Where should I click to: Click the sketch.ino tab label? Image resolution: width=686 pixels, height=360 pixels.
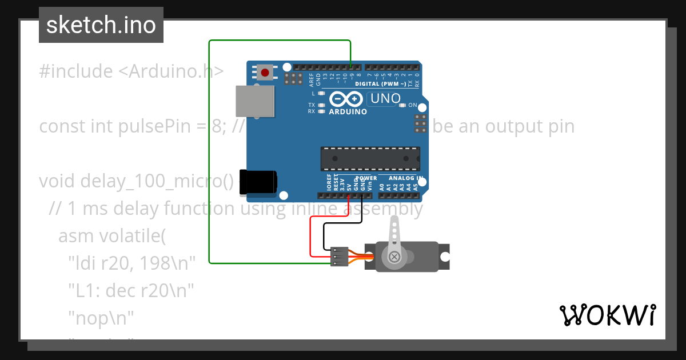101,25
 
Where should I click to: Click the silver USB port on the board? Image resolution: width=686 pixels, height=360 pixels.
254,102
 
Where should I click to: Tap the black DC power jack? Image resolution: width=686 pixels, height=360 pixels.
258,182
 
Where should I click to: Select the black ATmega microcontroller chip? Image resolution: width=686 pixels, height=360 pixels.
370,159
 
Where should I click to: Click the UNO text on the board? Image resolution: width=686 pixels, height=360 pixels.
385,98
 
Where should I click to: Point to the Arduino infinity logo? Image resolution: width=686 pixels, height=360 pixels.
346,99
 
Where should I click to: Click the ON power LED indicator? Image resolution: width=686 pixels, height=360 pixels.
402,105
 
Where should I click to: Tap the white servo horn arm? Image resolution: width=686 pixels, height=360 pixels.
394,240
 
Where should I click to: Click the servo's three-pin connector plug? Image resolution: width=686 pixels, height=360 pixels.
339,257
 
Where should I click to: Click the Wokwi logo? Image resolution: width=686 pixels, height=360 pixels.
607,315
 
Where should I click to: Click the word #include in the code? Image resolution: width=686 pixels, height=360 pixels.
76,71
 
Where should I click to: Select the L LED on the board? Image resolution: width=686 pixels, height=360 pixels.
321,93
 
